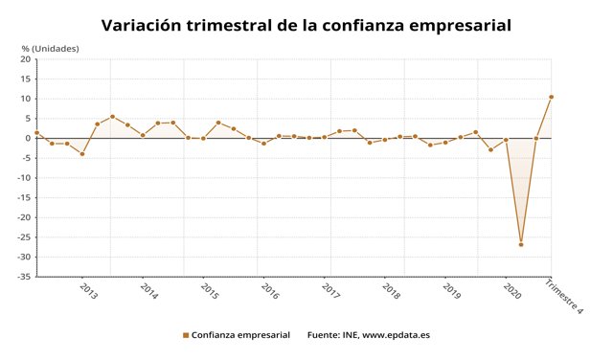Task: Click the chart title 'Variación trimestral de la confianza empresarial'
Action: tap(306, 24)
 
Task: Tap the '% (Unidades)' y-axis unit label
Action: tap(50, 48)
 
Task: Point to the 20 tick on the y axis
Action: tap(26, 59)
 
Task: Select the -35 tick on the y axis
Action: tap(23, 277)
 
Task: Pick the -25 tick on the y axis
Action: tap(23, 237)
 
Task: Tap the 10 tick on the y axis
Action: tap(26, 99)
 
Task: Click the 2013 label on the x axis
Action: tap(87, 291)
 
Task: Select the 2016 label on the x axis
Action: tap(270, 291)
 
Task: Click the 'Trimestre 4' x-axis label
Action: tap(565, 296)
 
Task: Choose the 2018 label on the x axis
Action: tap(391, 291)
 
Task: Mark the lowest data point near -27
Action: tap(521, 244)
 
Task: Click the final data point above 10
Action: tap(551, 97)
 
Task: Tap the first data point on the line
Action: tap(36, 133)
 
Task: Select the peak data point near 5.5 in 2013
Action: tap(112, 117)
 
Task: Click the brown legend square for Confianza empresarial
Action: tap(185, 335)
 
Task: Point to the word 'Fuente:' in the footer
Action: tap(325, 335)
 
